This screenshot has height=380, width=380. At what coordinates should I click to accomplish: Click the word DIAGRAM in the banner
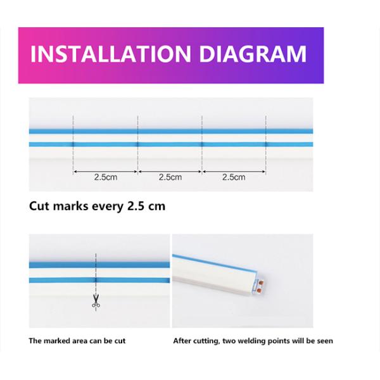tap(253, 54)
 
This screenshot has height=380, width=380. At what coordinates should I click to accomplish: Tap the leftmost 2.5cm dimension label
tap(106, 177)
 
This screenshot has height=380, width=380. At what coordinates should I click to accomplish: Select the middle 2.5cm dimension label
tap(170, 177)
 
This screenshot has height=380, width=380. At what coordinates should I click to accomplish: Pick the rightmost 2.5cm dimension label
tap(234, 177)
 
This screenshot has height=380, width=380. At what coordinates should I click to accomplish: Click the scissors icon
tap(96, 301)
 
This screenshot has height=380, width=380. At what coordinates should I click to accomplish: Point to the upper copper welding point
tap(261, 282)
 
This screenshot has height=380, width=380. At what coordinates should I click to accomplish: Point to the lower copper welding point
tap(259, 290)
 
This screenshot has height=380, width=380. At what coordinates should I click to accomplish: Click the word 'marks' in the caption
tap(70, 206)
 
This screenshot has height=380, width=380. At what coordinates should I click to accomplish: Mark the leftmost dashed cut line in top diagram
tap(73, 145)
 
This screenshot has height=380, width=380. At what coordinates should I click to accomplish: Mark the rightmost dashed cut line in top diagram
tap(266, 145)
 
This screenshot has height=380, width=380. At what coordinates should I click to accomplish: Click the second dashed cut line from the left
tap(137, 145)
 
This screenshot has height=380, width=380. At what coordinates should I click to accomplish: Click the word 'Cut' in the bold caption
tap(39, 206)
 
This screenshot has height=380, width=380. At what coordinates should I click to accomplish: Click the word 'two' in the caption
tap(230, 341)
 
